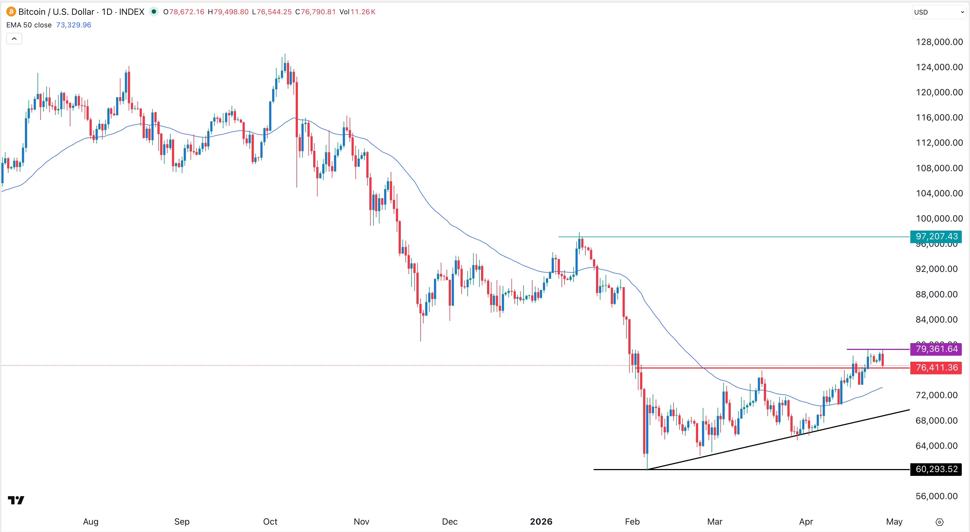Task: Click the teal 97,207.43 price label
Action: click(x=936, y=237)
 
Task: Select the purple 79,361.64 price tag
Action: click(x=936, y=349)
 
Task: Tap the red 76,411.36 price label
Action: click(x=936, y=367)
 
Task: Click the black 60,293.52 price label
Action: click(x=936, y=469)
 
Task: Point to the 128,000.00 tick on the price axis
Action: click(x=939, y=42)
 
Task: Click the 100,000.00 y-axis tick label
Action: click(x=939, y=218)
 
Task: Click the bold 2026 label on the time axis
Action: click(x=541, y=521)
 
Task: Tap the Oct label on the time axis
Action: click(x=270, y=521)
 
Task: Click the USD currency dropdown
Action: click(x=938, y=12)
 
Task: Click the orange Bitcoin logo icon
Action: click(x=11, y=12)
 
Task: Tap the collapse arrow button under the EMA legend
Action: click(x=14, y=39)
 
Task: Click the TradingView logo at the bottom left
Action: click(x=16, y=500)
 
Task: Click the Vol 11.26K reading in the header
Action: click(x=357, y=12)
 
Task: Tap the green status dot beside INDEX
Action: click(x=154, y=12)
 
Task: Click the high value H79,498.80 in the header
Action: click(x=228, y=12)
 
